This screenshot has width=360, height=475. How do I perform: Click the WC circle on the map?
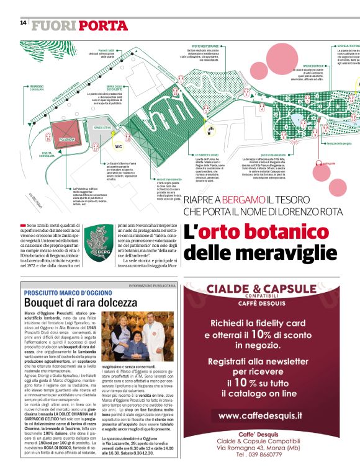118,147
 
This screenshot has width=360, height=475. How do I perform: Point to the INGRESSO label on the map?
36,86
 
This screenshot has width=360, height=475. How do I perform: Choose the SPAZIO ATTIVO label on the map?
102,127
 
